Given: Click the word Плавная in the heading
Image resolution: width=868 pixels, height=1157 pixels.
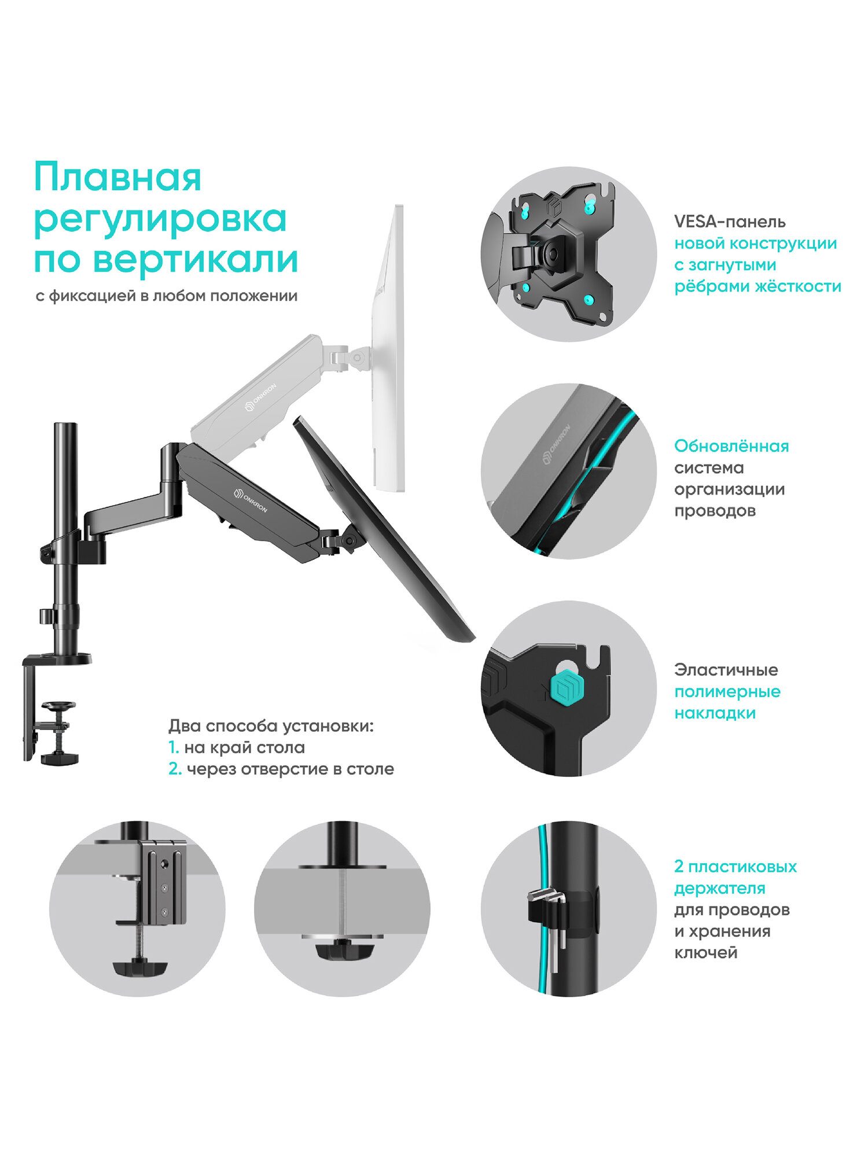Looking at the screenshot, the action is point(117,176).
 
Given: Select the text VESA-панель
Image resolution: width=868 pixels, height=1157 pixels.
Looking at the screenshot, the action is point(730,222).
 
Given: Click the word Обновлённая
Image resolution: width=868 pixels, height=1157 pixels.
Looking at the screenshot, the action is point(731,446).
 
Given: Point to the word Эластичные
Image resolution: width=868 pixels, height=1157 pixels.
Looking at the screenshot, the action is point(726,670).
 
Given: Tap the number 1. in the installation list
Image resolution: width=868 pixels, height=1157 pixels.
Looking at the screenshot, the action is point(173,747).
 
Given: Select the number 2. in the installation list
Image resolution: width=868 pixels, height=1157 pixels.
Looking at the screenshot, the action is point(175,769).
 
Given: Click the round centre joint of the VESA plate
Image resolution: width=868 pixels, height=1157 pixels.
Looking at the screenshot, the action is point(550,253).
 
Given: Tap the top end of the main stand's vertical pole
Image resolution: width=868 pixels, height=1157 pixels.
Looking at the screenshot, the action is point(65,424).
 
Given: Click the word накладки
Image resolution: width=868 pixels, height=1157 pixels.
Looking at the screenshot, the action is point(715,713).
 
